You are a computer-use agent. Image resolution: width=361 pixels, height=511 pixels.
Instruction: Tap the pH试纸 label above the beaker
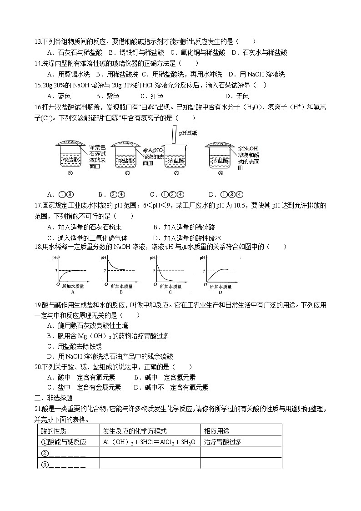coord(188,133)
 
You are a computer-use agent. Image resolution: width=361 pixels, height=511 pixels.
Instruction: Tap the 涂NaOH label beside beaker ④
coord(248,149)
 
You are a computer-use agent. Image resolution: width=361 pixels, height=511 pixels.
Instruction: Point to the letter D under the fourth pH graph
coord(220,292)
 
